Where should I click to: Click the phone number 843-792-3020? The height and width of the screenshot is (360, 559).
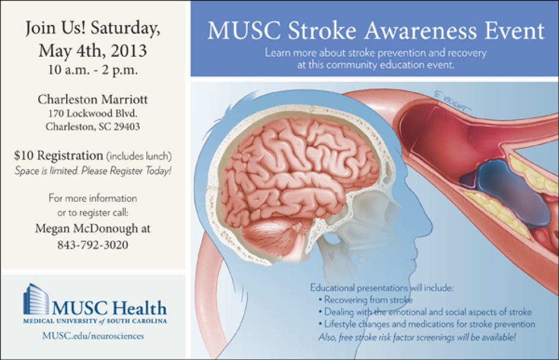[93, 244]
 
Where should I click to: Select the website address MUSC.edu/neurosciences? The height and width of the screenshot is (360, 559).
[93, 336]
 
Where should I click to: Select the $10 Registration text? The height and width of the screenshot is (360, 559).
[58, 155]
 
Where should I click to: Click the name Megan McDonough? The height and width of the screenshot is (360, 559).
[87, 228]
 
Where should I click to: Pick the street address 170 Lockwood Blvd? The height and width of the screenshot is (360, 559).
[93, 113]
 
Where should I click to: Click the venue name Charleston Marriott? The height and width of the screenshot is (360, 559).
[93, 99]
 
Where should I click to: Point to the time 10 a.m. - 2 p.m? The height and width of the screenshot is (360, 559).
[93, 69]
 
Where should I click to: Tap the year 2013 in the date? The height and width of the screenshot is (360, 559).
[129, 51]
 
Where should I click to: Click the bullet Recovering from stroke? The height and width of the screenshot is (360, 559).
[365, 300]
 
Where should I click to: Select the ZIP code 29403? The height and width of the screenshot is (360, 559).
[127, 127]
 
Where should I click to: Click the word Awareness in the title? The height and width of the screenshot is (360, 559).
[420, 31]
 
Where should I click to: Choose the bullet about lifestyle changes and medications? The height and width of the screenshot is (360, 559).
[427, 325]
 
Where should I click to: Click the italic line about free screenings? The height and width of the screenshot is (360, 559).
[417, 337]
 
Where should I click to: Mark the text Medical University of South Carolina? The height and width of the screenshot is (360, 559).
[95, 321]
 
